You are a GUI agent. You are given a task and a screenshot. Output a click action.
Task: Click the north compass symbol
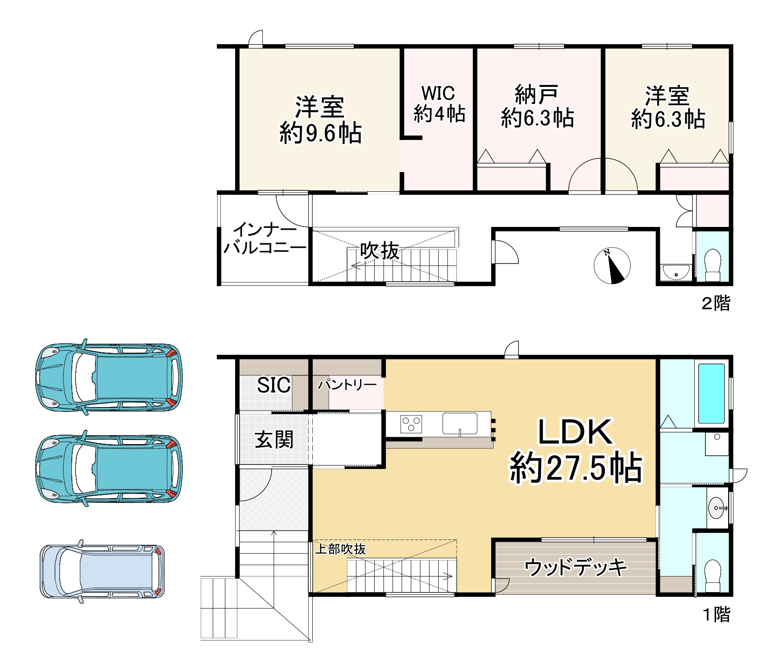click(612, 266)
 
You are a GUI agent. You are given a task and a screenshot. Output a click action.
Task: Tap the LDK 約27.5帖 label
click(576, 450)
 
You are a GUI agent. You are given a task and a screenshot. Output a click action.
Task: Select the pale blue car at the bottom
click(102, 571)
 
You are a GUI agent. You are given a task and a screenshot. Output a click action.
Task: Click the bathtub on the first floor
click(711, 394)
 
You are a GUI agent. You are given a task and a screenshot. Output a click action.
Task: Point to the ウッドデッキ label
click(576, 567)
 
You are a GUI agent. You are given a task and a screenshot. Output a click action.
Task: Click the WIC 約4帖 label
click(439, 104)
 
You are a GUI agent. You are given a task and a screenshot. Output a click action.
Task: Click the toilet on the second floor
click(713, 265)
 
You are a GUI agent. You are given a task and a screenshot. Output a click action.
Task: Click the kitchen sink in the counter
click(460, 424)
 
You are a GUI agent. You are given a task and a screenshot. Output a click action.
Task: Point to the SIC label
click(273, 385)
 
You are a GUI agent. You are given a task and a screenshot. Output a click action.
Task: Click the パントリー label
click(347, 384)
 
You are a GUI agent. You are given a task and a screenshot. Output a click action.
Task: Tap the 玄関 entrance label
click(274, 440)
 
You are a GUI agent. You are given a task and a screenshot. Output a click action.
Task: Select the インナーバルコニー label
click(265, 239)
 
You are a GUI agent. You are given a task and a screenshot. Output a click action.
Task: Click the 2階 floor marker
click(716, 304)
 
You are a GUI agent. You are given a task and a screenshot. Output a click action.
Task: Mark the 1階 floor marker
click(717, 615)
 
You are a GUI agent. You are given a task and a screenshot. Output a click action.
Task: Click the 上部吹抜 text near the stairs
click(340, 549)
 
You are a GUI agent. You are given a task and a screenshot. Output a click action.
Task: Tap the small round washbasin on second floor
click(676, 271)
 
